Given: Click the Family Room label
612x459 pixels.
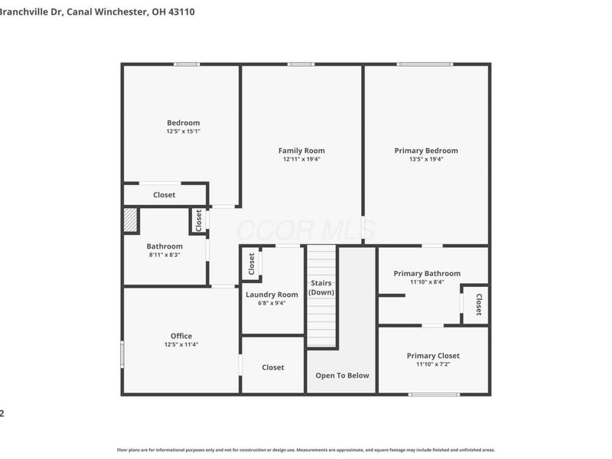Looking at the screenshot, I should (301, 151).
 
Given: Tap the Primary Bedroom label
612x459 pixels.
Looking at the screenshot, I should (426, 151).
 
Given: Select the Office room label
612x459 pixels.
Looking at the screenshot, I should (181, 336).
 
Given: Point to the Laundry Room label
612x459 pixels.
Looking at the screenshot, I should (272, 295).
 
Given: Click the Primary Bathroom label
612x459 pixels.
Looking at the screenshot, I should (427, 273).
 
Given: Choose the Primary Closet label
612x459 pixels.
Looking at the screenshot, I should (433, 356).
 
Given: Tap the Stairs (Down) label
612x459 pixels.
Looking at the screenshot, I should (321, 288).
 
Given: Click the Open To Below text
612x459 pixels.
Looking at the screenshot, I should (342, 376).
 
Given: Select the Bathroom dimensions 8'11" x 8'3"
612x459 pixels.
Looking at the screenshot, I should (164, 255).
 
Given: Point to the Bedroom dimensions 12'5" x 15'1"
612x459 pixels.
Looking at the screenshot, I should (184, 132).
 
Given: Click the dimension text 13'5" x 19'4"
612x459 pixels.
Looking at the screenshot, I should (426, 159).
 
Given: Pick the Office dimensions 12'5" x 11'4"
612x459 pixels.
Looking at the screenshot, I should (181, 344).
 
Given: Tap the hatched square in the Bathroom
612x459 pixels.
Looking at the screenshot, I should (132, 221).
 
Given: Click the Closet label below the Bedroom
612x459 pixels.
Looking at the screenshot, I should (164, 195).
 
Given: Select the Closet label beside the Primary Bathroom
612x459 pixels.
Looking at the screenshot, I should (479, 304).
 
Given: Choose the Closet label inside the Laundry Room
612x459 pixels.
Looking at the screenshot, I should (252, 265).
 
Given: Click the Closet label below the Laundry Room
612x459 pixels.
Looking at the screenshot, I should (273, 367).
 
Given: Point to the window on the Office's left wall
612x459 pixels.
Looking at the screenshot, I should (122, 354).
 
